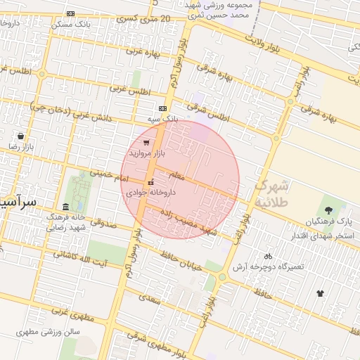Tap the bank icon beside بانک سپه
pos(163,108)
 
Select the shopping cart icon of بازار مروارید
pos(146,142)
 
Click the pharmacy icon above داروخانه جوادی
pos(150,183)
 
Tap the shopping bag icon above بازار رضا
pos(20,136)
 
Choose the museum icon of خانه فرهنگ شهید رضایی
pos(66,207)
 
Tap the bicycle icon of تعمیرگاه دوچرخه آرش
pos(268,256)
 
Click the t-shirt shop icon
pos(321,292)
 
